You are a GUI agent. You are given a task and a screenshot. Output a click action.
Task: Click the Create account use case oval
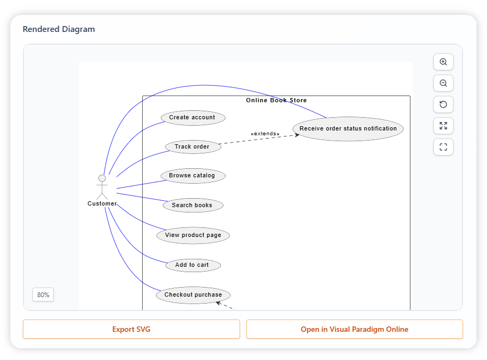pos(193,118)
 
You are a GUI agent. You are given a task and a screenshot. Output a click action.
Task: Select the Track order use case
pos(192,147)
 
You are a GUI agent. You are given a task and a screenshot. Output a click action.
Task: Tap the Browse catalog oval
pos(193,176)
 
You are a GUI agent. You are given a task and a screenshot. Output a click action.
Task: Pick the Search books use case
pos(192,206)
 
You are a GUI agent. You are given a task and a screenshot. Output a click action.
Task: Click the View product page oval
pos(193,235)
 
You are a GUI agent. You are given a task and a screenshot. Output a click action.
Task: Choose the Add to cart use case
pos(192,265)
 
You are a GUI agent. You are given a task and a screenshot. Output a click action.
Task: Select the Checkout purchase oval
pos(193,295)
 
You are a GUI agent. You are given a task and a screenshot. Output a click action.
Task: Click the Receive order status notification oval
pos(348,129)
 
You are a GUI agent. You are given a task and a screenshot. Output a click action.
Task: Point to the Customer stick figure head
pos(102,178)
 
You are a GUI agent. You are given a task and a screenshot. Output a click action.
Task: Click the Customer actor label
pos(102,204)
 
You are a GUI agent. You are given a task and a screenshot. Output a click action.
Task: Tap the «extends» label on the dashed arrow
pos(265,134)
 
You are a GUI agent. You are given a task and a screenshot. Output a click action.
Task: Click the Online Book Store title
pos(276,101)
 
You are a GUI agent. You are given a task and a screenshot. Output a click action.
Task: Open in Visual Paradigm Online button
pos(354,329)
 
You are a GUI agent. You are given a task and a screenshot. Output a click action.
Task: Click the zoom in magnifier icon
pos(443,62)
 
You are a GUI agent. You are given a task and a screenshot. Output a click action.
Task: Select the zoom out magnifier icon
pos(443,83)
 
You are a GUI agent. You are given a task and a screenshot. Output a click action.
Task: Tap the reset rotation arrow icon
pos(443,104)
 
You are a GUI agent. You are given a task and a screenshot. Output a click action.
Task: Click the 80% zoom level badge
pos(43,294)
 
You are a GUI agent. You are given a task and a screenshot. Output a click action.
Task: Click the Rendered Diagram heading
pos(59,29)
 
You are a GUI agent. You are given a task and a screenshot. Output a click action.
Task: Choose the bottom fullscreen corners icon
pos(443,147)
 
